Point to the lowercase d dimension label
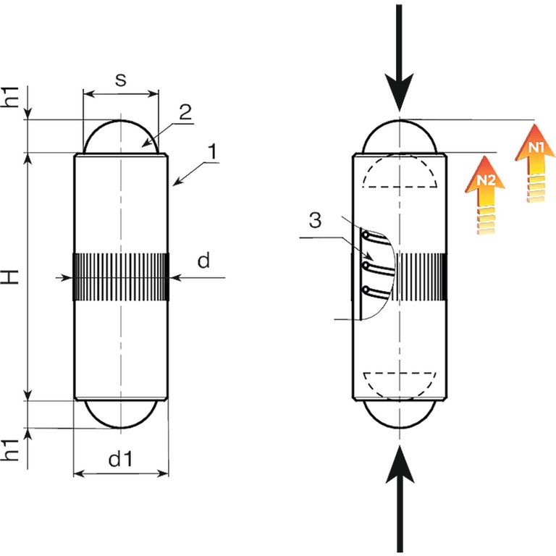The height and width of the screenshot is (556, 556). pyautogui.click(x=203, y=261)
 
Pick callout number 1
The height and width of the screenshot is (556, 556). pyautogui.click(x=212, y=151)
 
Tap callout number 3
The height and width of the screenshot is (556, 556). pyautogui.click(x=314, y=220)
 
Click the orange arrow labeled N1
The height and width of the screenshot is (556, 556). pyautogui.click(x=536, y=163)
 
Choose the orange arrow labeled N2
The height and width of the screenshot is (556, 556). pyautogui.click(x=487, y=195)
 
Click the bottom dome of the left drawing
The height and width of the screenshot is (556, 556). pyautogui.click(x=121, y=413)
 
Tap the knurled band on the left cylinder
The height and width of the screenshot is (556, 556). pyautogui.click(x=121, y=276)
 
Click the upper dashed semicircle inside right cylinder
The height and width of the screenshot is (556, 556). pyautogui.click(x=399, y=174)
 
